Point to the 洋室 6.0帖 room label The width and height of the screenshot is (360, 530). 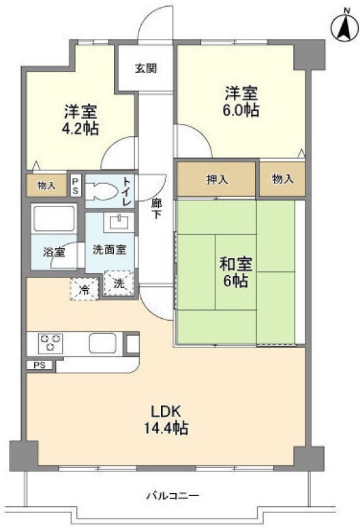(x=241, y=101)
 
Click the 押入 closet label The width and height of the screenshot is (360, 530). (x=217, y=180)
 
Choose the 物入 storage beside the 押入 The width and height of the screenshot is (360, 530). (x=282, y=180)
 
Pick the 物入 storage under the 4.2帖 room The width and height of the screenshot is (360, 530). (x=47, y=184)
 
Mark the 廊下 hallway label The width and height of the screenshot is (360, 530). (x=156, y=208)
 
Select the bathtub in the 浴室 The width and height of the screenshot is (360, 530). (x=54, y=221)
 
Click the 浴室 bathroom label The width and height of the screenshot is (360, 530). (x=55, y=252)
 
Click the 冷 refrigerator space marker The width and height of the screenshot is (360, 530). (x=83, y=289)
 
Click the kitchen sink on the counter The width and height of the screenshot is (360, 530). (x=104, y=343)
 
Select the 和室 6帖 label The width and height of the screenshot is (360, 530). (x=234, y=270)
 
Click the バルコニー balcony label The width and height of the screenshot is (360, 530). (x=172, y=495)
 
